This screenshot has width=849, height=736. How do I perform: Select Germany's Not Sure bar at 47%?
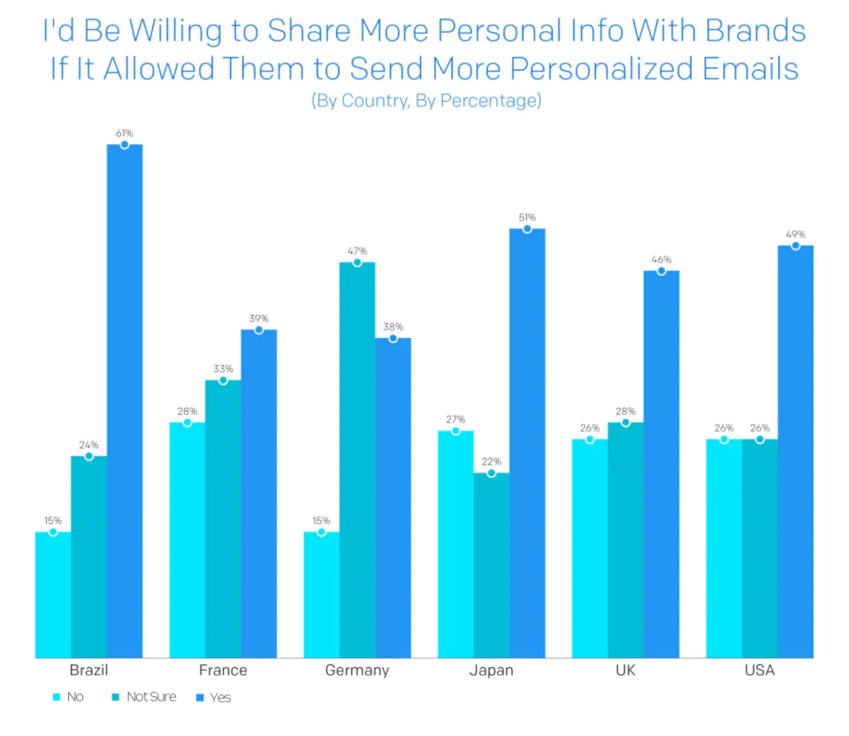click(357, 460)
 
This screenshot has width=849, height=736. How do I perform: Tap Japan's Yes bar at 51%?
click(527, 442)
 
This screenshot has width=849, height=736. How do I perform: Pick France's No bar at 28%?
click(187, 540)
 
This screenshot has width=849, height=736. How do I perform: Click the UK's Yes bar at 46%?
click(662, 464)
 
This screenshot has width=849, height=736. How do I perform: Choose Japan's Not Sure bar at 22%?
click(492, 565)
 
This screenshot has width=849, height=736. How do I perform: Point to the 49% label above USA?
click(795, 234)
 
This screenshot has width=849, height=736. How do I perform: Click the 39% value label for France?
click(259, 318)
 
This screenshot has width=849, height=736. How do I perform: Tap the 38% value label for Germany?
click(394, 326)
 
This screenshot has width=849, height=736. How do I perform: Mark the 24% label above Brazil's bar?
click(88, 445)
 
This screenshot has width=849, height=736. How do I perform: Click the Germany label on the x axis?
click(357, 671)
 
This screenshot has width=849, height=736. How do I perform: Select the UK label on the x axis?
click(625, 671)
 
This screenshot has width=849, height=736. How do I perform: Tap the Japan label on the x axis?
click(491, 671)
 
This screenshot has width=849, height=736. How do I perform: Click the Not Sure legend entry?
click(150, 697)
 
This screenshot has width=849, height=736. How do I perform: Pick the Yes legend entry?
click(220, 698)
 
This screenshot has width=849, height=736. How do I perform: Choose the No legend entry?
click(74, 697)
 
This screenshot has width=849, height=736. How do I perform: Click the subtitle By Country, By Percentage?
click(425, 101)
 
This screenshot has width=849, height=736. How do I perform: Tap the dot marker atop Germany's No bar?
click(322, 533)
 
